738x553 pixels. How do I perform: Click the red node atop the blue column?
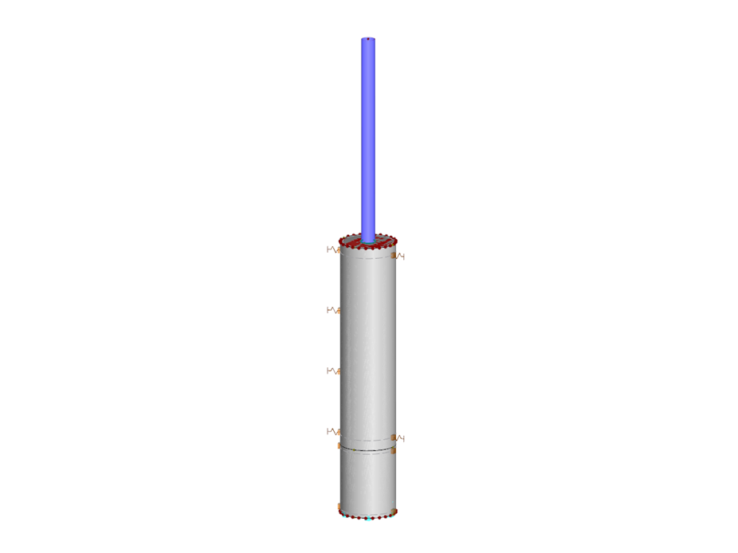368,38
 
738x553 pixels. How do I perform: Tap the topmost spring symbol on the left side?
332,249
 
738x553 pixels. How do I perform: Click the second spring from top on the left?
332,310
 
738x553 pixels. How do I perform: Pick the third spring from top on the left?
332,371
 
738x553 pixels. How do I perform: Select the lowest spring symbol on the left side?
332,432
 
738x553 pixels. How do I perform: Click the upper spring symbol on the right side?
399,257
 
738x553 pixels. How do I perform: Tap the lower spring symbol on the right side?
399,438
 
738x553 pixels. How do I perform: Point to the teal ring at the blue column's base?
367,240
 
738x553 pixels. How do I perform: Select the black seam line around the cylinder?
367,450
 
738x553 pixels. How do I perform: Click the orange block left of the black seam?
340,446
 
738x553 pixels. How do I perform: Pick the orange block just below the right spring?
394,450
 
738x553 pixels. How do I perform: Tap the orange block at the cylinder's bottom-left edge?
340,507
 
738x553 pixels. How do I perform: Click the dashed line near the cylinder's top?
367,258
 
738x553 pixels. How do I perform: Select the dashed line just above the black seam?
367,441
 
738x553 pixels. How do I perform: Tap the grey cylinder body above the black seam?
367,351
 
